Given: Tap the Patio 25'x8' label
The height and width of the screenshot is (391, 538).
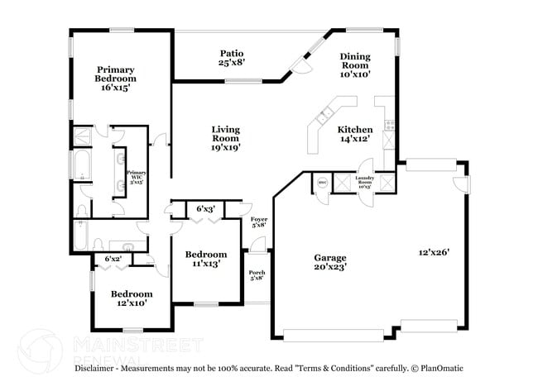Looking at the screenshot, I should [231, 56].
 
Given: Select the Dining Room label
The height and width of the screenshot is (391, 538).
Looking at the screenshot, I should [356, 64].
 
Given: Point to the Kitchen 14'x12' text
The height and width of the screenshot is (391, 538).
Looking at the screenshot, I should [354, 134].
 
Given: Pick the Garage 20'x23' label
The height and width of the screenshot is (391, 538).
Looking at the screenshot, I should [329, 262].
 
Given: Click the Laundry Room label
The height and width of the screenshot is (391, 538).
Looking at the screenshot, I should [365, 181].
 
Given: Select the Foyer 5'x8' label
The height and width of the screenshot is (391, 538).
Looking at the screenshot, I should [259, 222].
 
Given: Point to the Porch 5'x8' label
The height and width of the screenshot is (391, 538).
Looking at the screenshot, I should [257, 274].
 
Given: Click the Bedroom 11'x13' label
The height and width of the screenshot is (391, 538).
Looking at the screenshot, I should [205, 259].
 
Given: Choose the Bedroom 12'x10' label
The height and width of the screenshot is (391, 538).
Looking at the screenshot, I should [132, 298].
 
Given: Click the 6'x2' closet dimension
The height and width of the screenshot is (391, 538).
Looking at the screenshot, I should [113, 260].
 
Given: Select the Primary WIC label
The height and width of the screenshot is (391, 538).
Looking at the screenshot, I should [137, 175].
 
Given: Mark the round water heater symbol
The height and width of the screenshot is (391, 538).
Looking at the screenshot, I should [321, 183].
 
